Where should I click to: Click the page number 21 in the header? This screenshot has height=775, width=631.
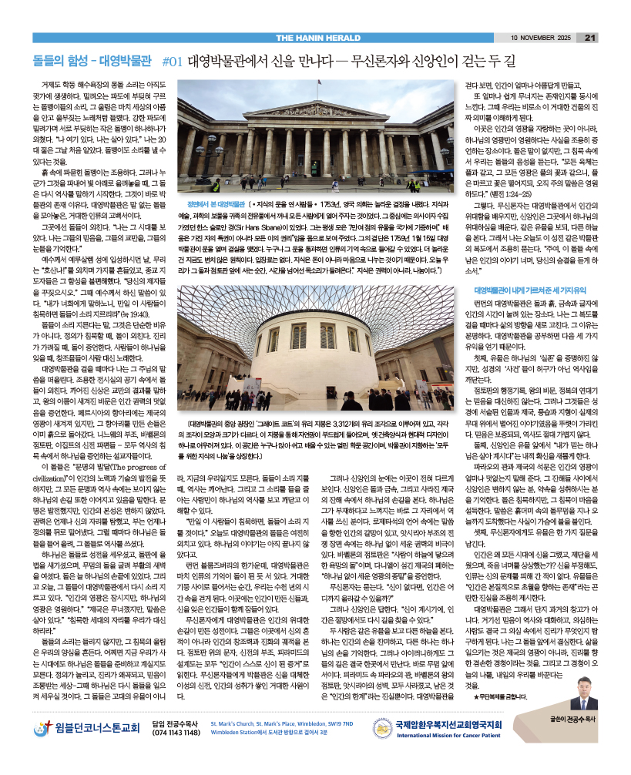pos(591,37)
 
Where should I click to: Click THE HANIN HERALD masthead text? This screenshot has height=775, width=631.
pos(315,37)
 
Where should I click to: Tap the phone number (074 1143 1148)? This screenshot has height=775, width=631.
pos(176,753)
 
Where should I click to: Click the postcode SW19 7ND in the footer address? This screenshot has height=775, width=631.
pos(339,746)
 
